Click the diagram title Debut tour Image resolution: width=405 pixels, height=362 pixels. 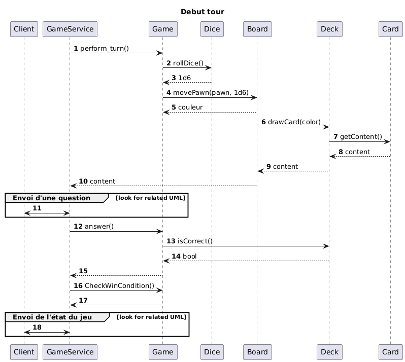click(202, 12)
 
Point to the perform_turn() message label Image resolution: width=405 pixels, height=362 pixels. click(105, 48)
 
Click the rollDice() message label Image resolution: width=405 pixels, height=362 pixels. click(188, 63)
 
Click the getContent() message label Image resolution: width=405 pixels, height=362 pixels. click(361, 137)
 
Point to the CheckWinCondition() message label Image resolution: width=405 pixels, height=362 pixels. click(119, 285)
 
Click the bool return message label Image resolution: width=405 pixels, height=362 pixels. click(190, 256)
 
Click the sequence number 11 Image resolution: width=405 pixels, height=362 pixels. click(37, 208)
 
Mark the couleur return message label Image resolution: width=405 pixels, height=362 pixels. click(192, 107)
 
